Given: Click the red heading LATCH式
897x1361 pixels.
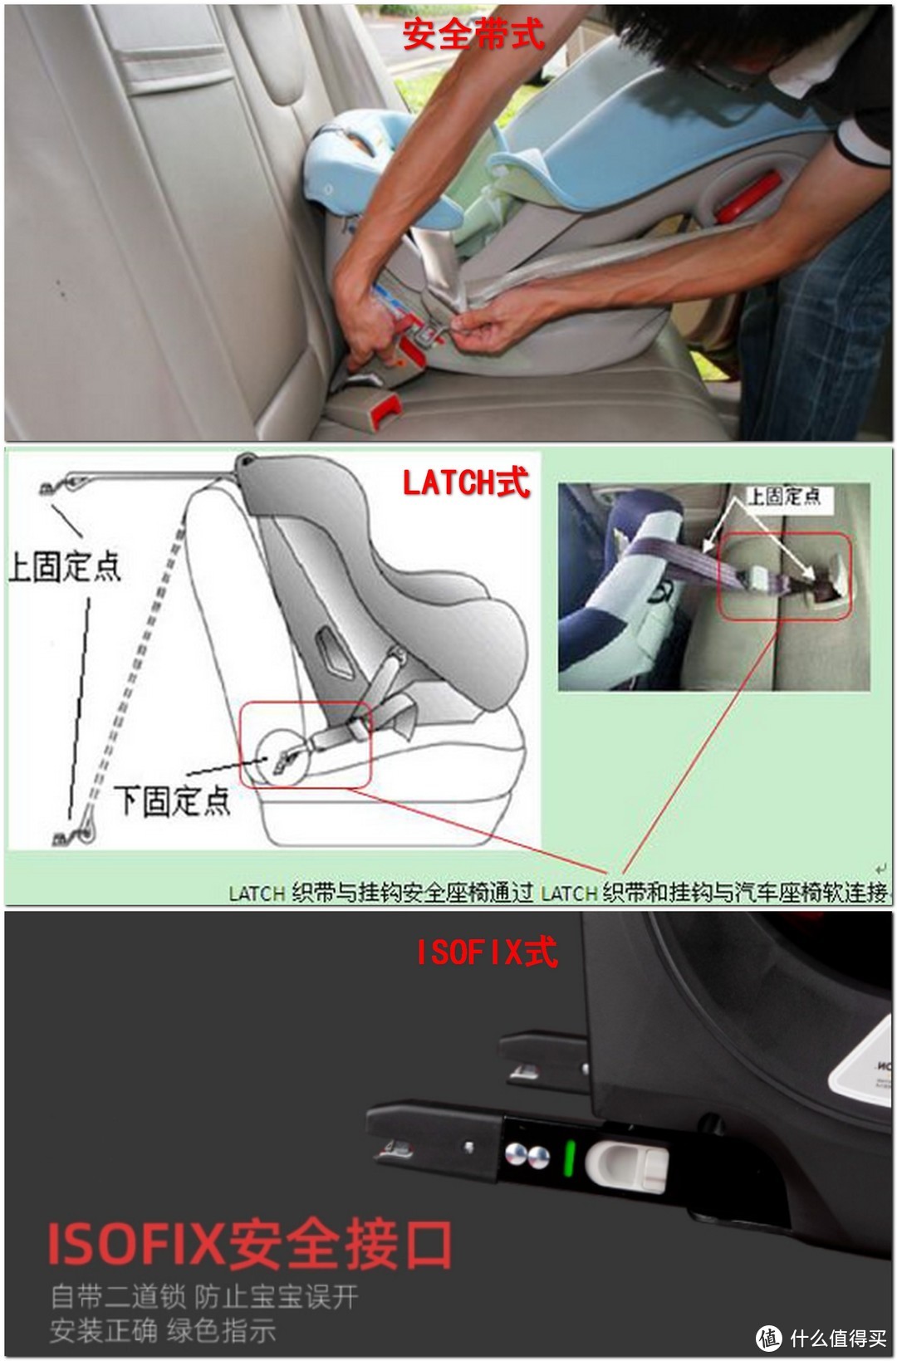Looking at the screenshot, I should [x=466, y=482].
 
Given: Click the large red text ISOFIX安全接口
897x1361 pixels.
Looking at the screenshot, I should [x=249, y=1245].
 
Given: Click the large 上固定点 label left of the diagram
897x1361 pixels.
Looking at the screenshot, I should [x=65, y=566].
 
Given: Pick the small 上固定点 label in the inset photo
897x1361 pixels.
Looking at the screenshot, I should [x=783, y=497].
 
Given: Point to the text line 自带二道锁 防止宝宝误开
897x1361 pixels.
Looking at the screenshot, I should [x=204, y=1296].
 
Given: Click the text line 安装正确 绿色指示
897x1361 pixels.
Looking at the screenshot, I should [x=163, y=1330].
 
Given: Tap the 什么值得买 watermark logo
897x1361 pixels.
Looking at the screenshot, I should [x=822, y=1338].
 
